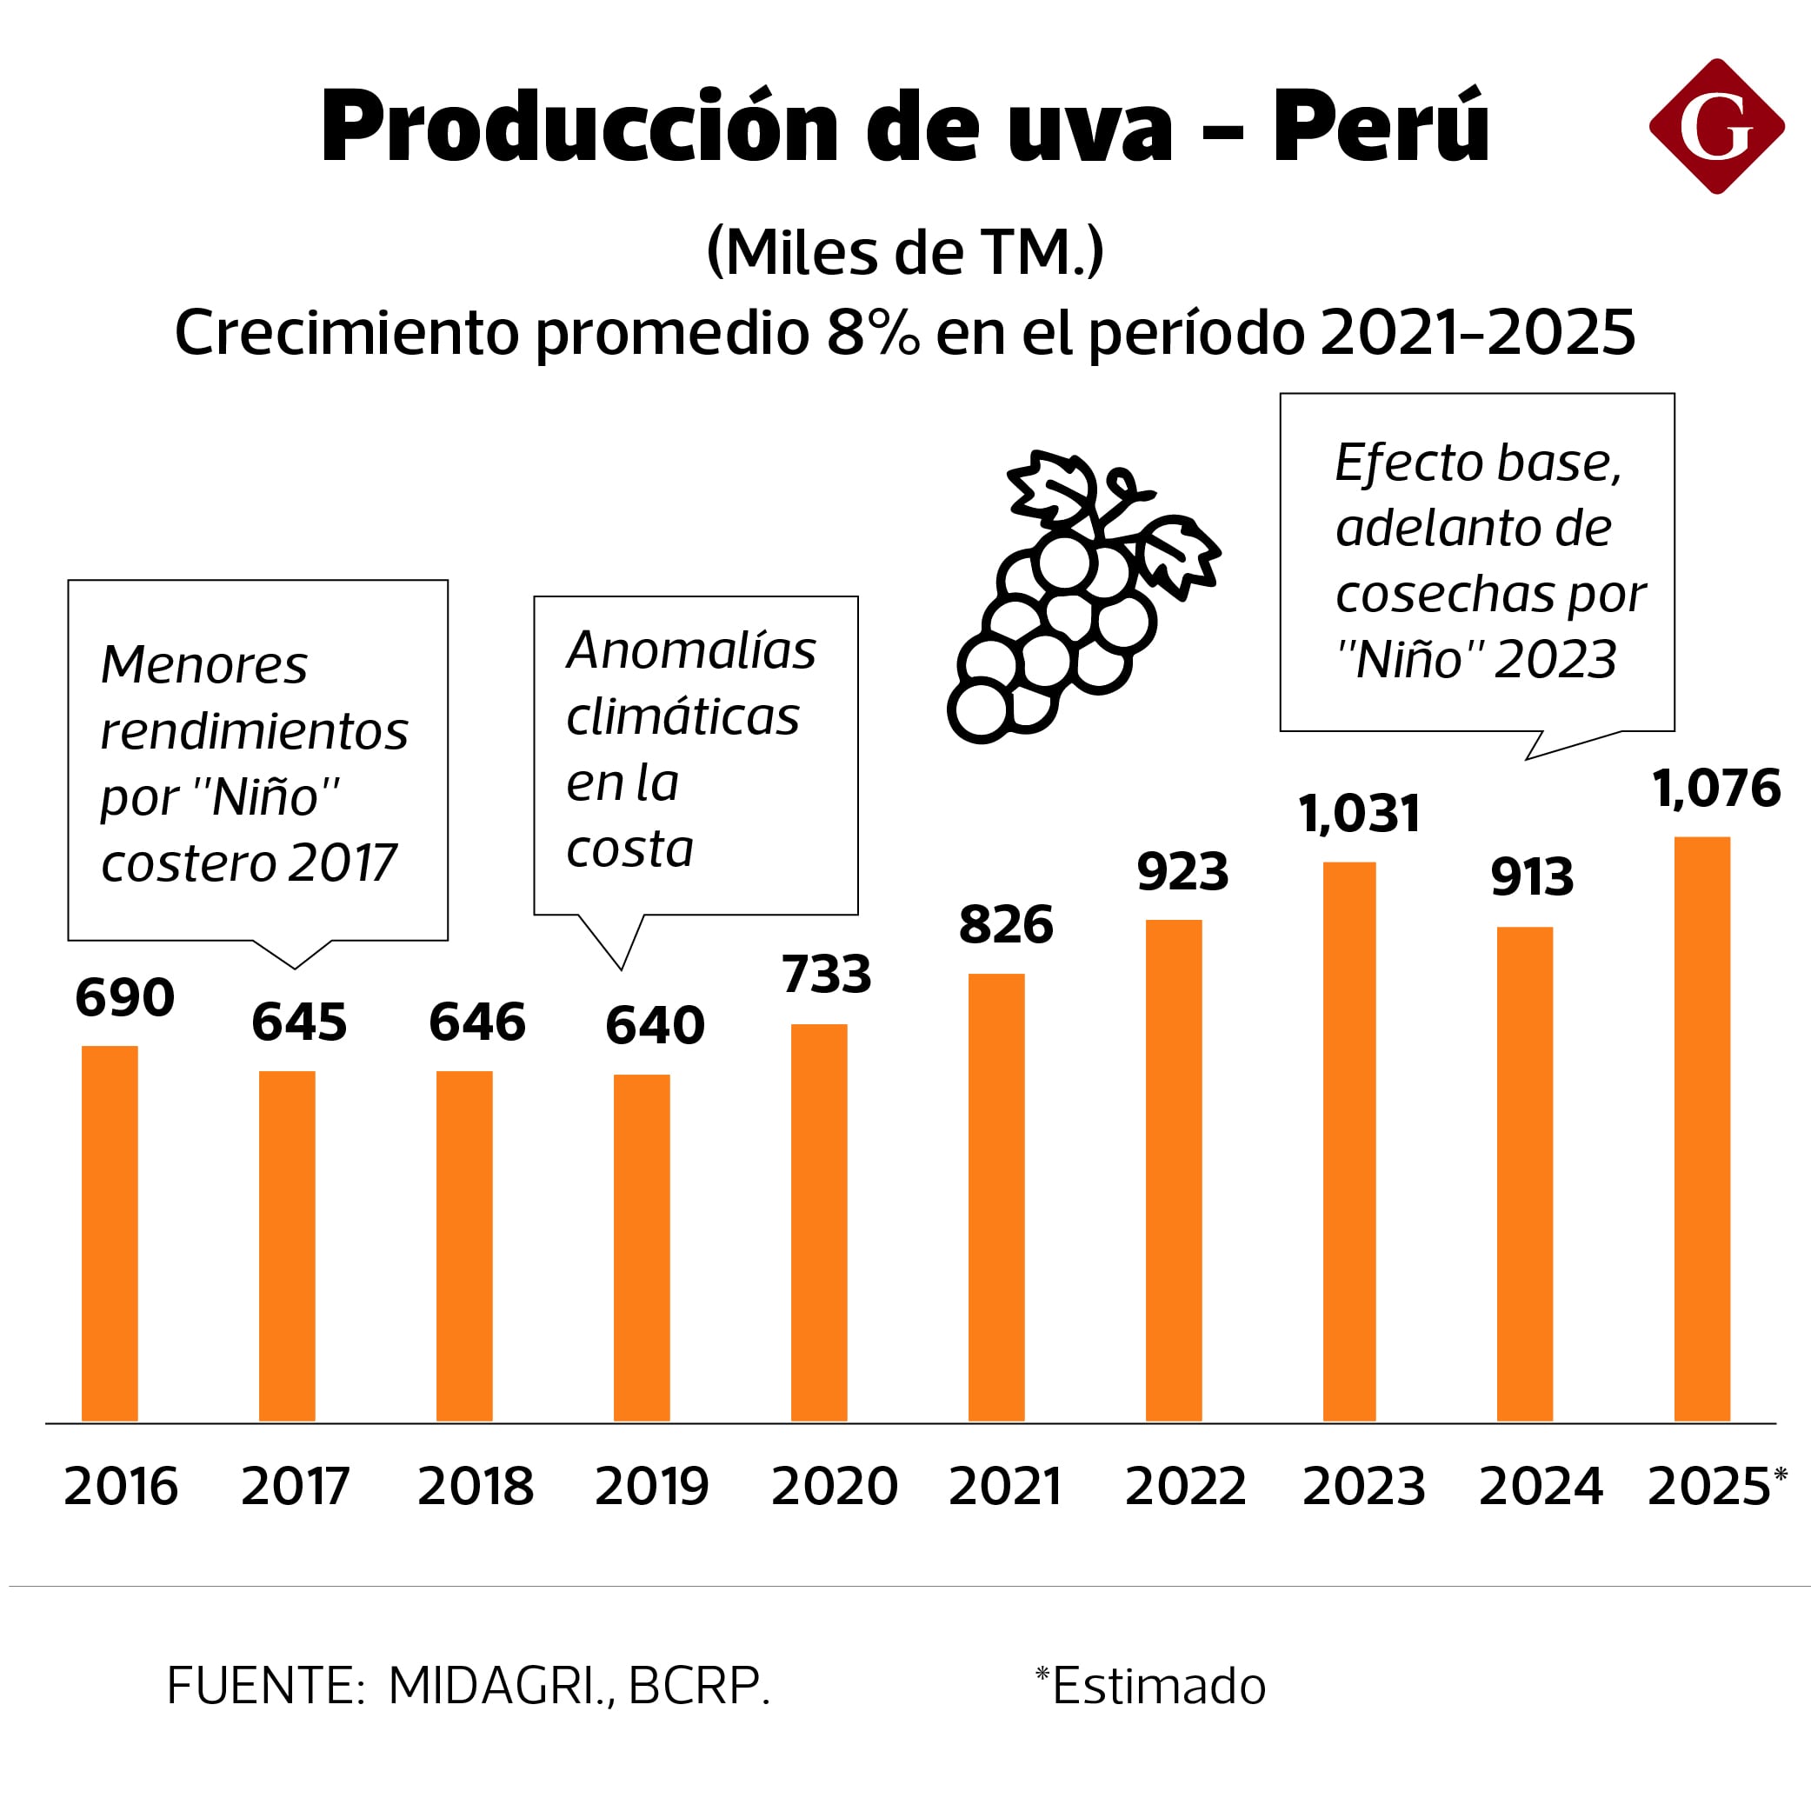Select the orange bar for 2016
pyautogui.click(x=110, y=1233)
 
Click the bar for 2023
pyautogui.click(x=1348, y=1141)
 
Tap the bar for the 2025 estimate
pyautogui.click(x=1701, y=1129)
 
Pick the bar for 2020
pyautogui.click(x=818, y=1222)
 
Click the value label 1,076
pyautogui.click(x=1715, y=788)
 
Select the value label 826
pyautogui.click(x=1005, y=924)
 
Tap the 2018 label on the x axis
pyautogui.click(x=476, y=1486)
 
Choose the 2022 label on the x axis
pyautogui.click(x=1185, y=1486)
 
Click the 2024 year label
pyautogui.click(x=1540, y=1486)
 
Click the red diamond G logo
pyautogui.click(x=1716, y=127)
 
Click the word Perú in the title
pyautogui.click(x=1380, y=127)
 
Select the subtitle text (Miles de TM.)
pyautogui.click(x=904, y=251)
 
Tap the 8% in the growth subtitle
pyautogui.click(x=872, y=332)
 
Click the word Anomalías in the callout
pyautogui.click(x=691, y=649)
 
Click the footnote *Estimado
pyautogui.click(x=1150, y=1686)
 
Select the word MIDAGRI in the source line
pyautogui.click(x=495, y=1686)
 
